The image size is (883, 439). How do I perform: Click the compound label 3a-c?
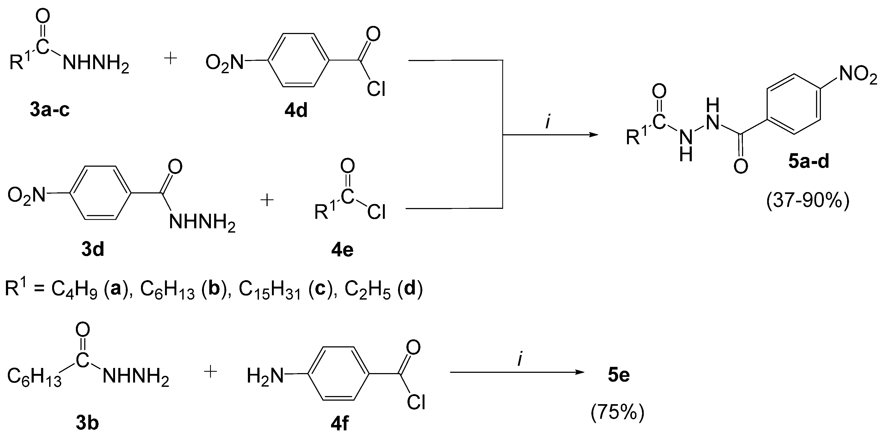coord(49,110)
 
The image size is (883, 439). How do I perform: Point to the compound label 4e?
coord(342,250)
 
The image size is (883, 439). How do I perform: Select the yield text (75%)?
coord(617,412)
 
